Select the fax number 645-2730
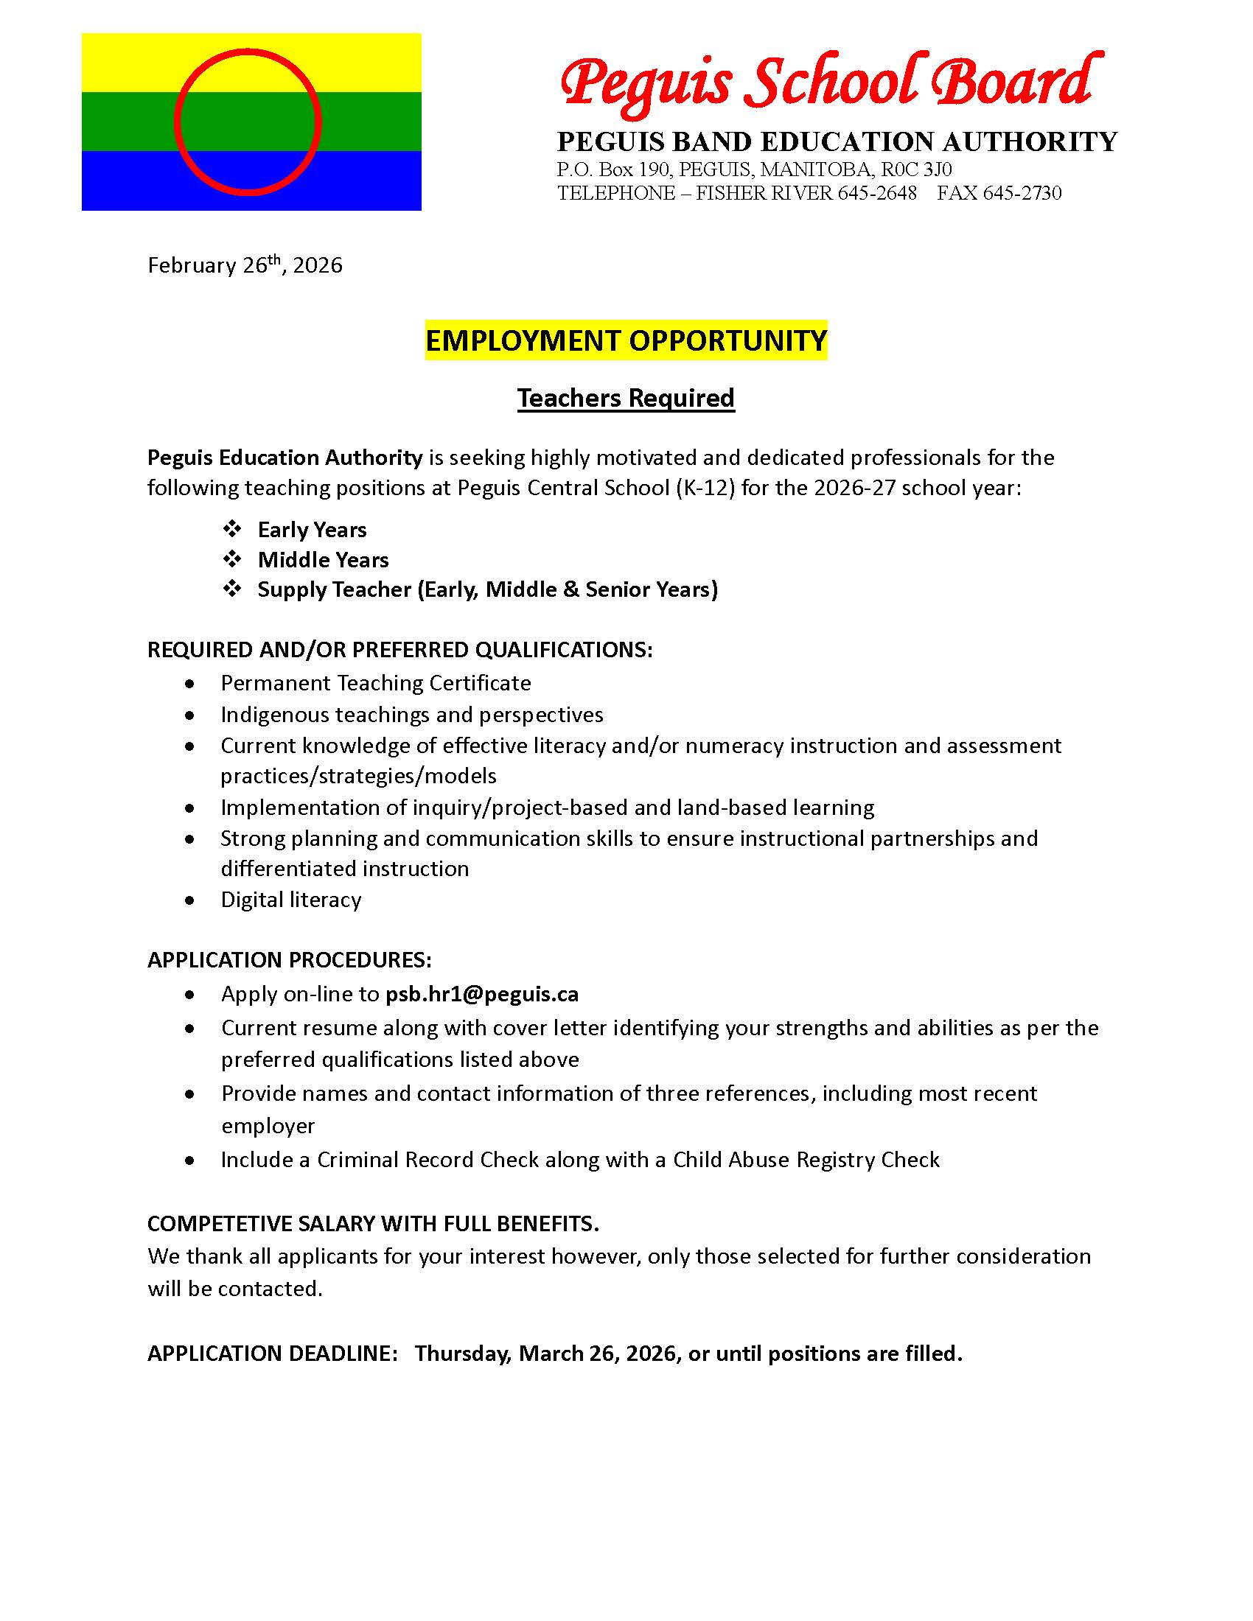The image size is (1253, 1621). coord(1022,193)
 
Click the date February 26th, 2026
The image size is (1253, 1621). coord(245,265)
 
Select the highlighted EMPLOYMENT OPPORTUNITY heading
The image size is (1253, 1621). coord(626,340)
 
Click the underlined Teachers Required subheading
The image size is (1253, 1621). coord(626,399)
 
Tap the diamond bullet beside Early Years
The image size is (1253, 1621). coord(232,529)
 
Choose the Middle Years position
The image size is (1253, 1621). coord(323,560)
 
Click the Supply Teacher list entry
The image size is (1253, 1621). coord(487,589)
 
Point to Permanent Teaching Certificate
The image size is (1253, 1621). coord(376,683)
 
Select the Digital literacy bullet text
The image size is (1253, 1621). coord(291,900)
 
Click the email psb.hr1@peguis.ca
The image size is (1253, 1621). coord(482,994)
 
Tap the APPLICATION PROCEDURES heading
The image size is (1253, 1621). coord(290,959)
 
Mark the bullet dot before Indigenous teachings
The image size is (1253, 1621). coord(191,715)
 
